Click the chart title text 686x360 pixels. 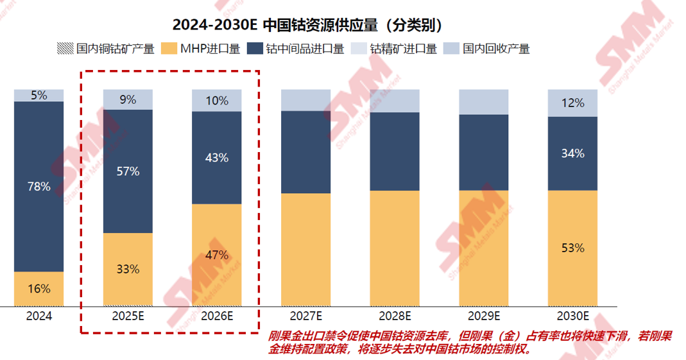(x=308, y=25)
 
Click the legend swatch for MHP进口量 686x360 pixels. (x=169, y=49)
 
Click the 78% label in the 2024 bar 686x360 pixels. (x=39, y=187)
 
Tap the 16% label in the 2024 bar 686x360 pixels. (x=39, y=289)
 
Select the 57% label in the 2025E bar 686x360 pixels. (x=128, y=171)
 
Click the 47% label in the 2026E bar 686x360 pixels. (x=217, y=255)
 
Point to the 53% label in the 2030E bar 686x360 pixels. (x=572, y=248)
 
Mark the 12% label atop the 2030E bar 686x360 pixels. (x=572, y=103)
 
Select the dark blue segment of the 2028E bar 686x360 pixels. (x=395, y=151)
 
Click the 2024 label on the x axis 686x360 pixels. (x=39, y=316)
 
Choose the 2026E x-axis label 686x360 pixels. (x=217, y=316)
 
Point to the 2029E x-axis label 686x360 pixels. (x=484, y=316)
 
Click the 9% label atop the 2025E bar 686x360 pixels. (x=128, y=99)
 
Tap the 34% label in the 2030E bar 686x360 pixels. (x=572, y=153)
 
